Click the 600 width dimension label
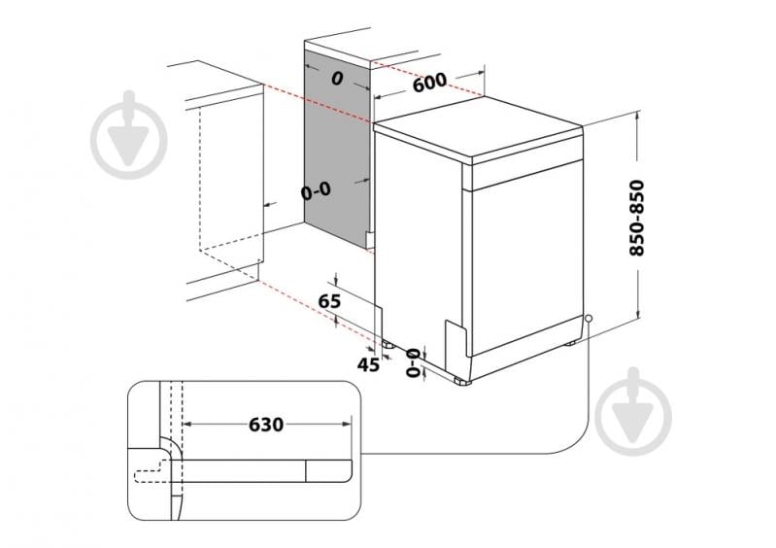pos(428,84)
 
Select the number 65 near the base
pos(330,302)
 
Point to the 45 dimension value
pos(367,364)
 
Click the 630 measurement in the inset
pos(265,425)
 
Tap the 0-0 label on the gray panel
pos(316,191)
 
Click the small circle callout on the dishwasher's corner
pos(589,318)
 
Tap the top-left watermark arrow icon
pos(127,135)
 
